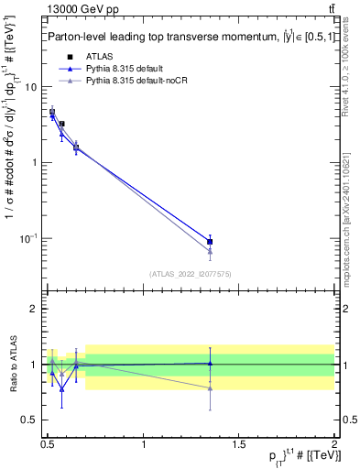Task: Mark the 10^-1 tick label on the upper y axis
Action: [x=28, y=238]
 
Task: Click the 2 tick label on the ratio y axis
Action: [x=34, y=309]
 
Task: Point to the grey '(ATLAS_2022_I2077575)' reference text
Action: [x=191, y=273]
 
